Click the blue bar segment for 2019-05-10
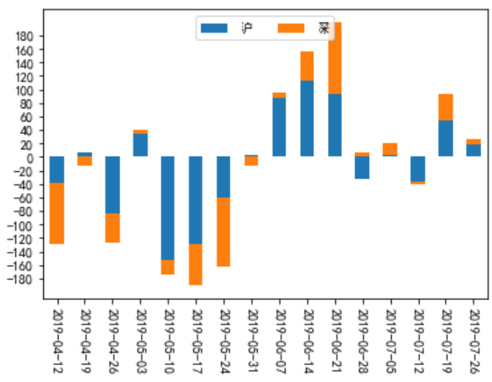168,208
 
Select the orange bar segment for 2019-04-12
56,213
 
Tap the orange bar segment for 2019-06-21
335,58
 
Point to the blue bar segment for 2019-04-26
112,184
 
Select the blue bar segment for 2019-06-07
279,127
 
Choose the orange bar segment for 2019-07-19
446,107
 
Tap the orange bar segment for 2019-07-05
390,149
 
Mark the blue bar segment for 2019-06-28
362,168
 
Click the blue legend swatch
214,29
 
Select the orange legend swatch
291,29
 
